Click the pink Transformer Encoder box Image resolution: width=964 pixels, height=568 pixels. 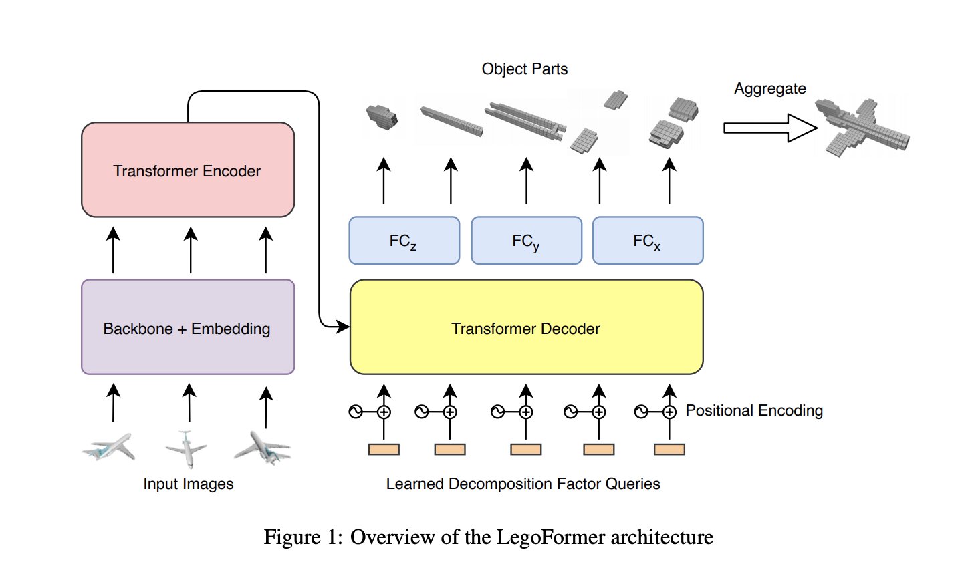pos(187,170)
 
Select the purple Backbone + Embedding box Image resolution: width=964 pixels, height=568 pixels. pos(187,327)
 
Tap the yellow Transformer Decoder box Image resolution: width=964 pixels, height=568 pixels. pos(526,327)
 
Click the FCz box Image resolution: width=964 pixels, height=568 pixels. pos(404,241)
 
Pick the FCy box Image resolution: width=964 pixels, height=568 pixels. pos(526,241)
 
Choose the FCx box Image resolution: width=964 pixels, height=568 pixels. pos(648,241)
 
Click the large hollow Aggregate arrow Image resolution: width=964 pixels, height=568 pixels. pos(769,128)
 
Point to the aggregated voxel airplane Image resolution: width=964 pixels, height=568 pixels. pos(862,127)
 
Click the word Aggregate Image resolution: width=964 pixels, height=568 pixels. pos(769,89)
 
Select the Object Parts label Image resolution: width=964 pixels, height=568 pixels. pos(525,69)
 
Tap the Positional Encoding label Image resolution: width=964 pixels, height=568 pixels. pos(754,410)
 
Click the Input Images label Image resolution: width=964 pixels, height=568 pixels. pos(189,484)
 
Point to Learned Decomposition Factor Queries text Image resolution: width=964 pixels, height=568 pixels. pos(523,484)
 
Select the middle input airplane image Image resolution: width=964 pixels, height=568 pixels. pos(187,448)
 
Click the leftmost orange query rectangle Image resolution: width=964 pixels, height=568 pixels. pos(384,450)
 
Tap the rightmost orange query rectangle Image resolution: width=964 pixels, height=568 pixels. pos(669,450)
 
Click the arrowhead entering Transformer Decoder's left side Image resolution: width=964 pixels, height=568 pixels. pos(343,327)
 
